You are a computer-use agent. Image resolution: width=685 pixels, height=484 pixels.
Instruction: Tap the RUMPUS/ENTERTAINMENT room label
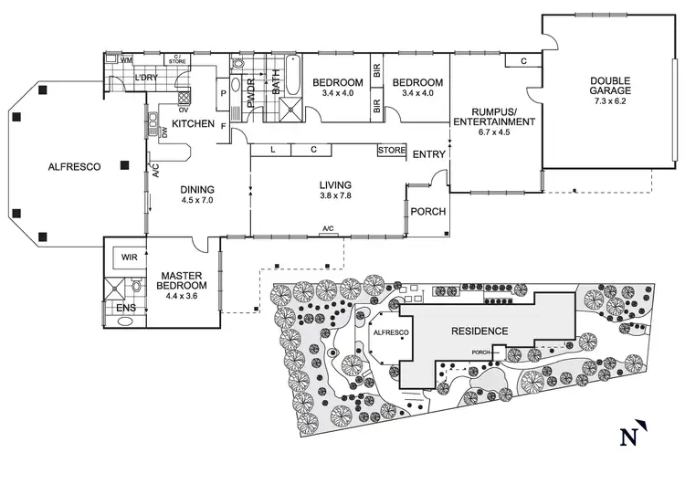(493, 116)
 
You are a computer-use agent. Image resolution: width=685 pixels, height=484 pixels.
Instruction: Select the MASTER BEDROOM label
(181, 279)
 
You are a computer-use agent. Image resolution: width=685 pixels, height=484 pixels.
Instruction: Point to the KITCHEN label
(194, 123)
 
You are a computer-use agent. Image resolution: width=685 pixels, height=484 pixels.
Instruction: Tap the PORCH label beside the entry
(428, 213)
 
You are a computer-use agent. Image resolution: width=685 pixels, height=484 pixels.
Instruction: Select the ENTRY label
(429, 154)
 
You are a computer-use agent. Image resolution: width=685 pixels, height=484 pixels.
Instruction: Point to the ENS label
(126, 309)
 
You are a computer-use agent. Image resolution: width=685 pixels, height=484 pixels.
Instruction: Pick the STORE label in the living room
(392, 150)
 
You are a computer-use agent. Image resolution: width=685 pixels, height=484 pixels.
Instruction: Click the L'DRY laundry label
(148, 79)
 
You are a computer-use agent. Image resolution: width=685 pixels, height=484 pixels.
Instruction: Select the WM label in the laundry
(126, 60)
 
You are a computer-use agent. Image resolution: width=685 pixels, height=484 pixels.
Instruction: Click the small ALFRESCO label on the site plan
(387, 334)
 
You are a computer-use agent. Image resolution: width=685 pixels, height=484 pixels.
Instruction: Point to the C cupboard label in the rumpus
(522, 60)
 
